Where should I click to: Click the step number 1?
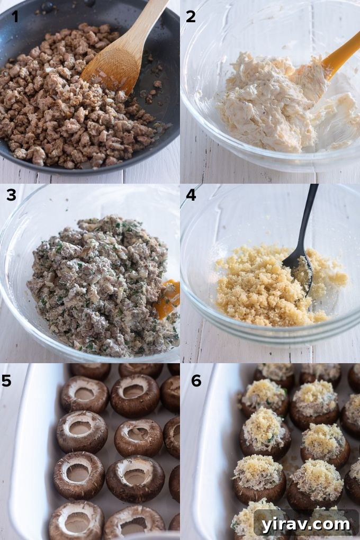click(x=15, y=16)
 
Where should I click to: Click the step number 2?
click(x=191, y=16)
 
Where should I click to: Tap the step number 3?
click(x=11, y=195)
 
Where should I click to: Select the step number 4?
click(x=191, y=195)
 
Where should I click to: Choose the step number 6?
click(x=196, y=381)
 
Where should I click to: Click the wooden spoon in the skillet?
click(x=114, y=58)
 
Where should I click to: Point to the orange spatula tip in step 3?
click(x=168, y=299)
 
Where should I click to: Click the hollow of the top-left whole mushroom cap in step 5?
click(x=84, y=393)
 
